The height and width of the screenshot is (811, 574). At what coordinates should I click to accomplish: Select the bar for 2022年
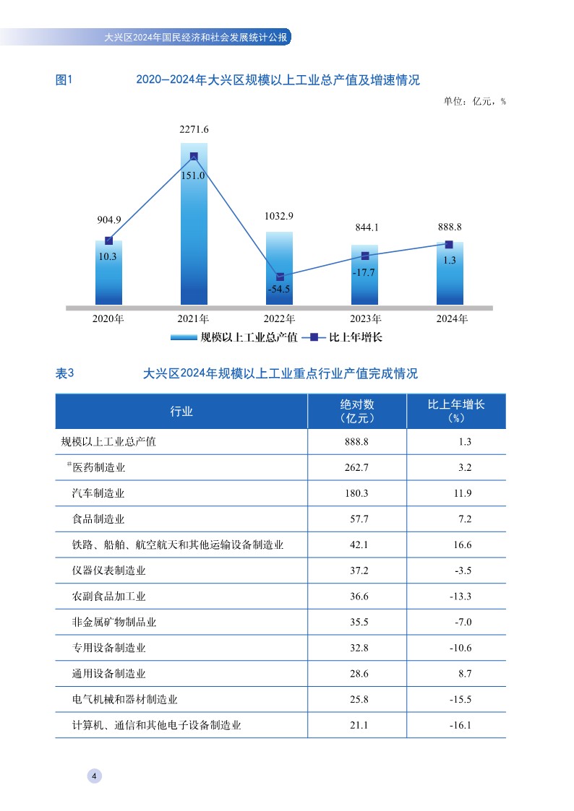[x=279, y=268]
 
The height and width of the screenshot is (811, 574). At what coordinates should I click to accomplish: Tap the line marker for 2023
[x=365, y=256]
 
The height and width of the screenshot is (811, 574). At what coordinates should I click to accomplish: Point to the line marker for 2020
[x=108, y=240]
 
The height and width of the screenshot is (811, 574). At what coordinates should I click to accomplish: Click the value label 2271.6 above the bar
[x=194, y=130]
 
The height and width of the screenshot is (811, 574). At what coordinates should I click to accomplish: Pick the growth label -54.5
[x=279, y=289]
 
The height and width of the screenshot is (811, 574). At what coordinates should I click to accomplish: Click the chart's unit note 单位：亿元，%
[x=474, y=101]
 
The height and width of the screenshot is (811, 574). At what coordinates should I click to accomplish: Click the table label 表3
[x=65, y=373]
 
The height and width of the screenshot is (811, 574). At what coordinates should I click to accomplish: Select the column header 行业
[x=181, y=412]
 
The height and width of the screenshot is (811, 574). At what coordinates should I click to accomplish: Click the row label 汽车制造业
[x=98, y=493]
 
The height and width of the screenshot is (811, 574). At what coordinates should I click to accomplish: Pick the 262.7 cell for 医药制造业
[x=357, y=467]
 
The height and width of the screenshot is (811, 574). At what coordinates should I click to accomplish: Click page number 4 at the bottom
[x=95, y=776]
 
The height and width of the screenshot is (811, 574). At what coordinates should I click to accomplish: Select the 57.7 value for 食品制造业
[x=357, y=519]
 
